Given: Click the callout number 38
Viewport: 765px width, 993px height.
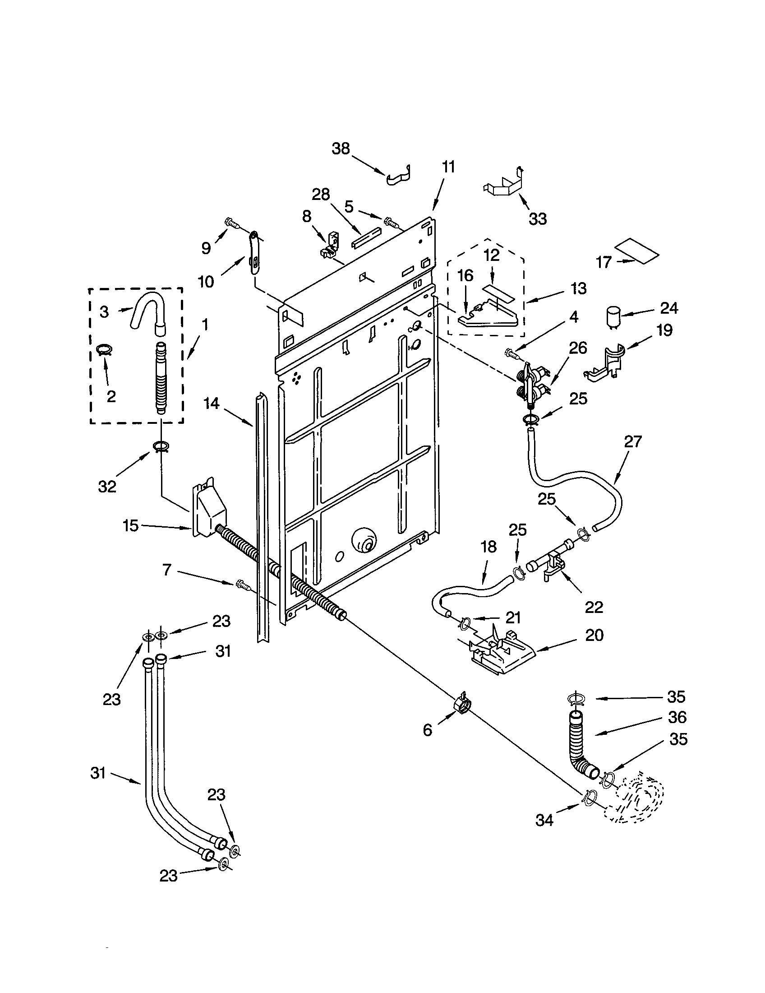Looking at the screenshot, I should click(x=341, y=148).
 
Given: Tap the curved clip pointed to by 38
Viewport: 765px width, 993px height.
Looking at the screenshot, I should click(x=400, y=177).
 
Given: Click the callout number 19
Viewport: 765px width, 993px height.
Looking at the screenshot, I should click(x=664, y=329).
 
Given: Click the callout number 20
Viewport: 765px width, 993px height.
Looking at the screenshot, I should click(x=594, y=635).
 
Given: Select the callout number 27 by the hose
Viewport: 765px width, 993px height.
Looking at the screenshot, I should click(x=632, y=441).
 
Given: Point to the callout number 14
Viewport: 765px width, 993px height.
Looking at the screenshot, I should click(x=211, y=403).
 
